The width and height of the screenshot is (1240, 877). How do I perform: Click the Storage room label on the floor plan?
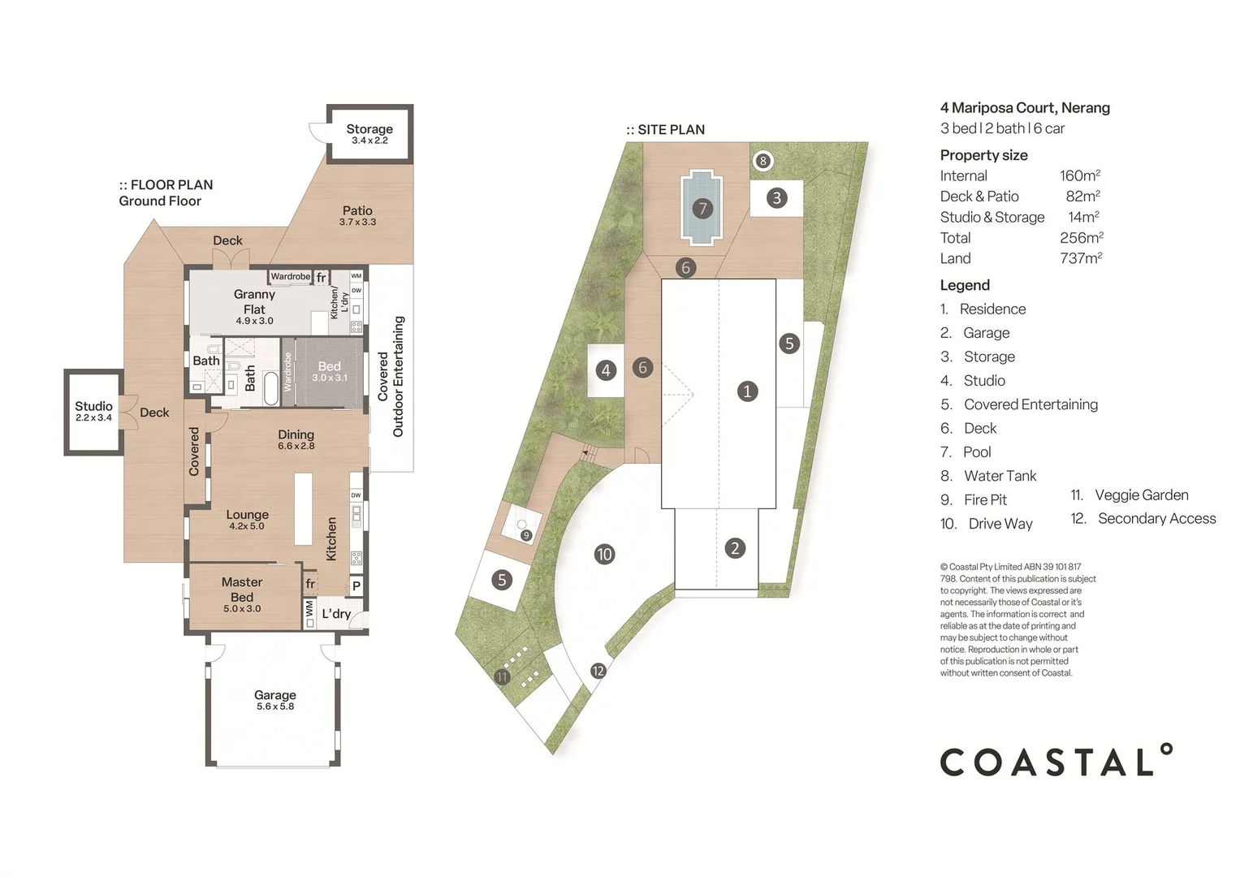coord(369,129)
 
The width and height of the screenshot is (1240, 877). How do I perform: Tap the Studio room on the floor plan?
coord(93,411)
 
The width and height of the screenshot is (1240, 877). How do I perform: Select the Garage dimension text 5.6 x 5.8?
coord(275,706)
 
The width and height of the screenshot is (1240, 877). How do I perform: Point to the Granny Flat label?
coord(254,301)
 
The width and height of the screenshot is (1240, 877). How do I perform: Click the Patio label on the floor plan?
coord(357,210)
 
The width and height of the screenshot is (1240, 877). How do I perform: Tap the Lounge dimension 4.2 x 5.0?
coord(247,526)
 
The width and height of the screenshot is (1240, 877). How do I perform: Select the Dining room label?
coord(296,434)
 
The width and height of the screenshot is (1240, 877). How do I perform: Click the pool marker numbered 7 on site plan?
coord(702,209)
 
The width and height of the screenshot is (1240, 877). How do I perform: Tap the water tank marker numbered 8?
coord(763,161)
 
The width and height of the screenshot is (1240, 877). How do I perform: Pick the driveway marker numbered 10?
coord(604,555)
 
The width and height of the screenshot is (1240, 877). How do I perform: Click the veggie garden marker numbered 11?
coord(502,676)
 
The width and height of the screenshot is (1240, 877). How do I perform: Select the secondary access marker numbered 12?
coord(598,671)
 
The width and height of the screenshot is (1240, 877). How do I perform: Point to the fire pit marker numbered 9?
coord(526,535)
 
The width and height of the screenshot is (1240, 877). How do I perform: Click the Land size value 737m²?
coord(1080,258)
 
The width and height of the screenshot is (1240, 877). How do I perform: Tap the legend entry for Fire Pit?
coord(985,500)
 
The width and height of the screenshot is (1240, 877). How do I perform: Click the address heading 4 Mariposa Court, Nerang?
coord(1025,107)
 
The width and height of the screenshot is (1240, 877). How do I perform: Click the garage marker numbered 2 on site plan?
coord(735,548)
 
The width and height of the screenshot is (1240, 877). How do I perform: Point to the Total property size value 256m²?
coord(1081,238)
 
